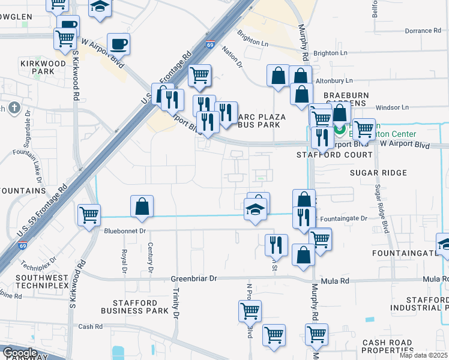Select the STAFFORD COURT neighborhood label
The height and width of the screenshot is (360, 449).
[x=334, y=155]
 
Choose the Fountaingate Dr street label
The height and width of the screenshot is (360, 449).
[x=343, y=219]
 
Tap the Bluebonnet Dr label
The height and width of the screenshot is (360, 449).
[x=125, y=230]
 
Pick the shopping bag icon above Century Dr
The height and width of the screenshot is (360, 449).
[x=142, y=206]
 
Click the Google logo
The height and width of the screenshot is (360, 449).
[x=20, y=353]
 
